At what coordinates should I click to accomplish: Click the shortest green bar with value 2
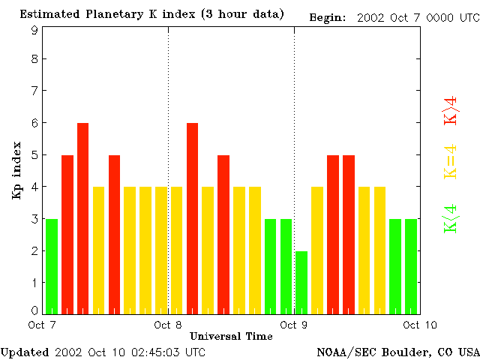coord(301,283)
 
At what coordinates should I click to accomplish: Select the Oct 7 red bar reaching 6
coord(83,217)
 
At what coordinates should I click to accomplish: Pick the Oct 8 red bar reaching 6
coord(192,217)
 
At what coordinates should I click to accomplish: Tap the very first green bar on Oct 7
coord(52,266)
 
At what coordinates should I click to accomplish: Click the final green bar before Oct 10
coord(411,266)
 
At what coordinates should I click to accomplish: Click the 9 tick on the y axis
coord(34,31)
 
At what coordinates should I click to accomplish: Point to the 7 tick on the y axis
coord(34,91)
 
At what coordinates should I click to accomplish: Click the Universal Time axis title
coord(231,335)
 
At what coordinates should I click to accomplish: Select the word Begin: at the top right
coord(327,16)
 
